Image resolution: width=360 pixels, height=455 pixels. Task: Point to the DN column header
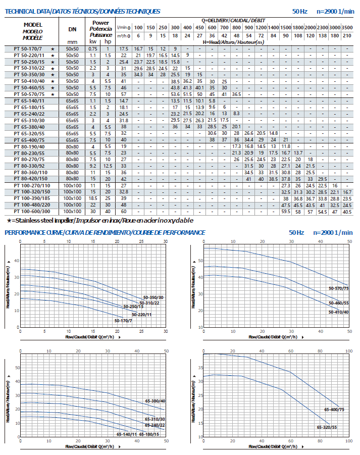(72, 29)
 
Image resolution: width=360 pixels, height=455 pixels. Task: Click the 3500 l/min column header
(347, 27)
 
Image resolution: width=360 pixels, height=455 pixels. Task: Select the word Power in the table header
(100, 23)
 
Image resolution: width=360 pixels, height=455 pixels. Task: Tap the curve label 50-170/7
(123, 321)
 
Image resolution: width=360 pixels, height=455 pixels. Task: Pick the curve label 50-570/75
(338, 288)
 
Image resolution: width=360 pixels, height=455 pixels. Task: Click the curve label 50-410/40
(338, 312)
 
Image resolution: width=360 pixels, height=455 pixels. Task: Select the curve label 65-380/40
(155, 400)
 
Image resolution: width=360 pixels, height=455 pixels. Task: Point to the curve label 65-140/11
(126, 434)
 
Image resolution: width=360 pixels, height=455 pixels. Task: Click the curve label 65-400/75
(334, 410)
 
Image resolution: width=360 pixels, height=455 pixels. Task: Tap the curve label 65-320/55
(327, 427)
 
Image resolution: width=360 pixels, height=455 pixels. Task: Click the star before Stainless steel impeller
(9, 220)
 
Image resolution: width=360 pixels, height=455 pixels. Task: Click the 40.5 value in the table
(347, 212)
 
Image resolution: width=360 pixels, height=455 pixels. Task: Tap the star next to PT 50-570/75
(52, 94)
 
